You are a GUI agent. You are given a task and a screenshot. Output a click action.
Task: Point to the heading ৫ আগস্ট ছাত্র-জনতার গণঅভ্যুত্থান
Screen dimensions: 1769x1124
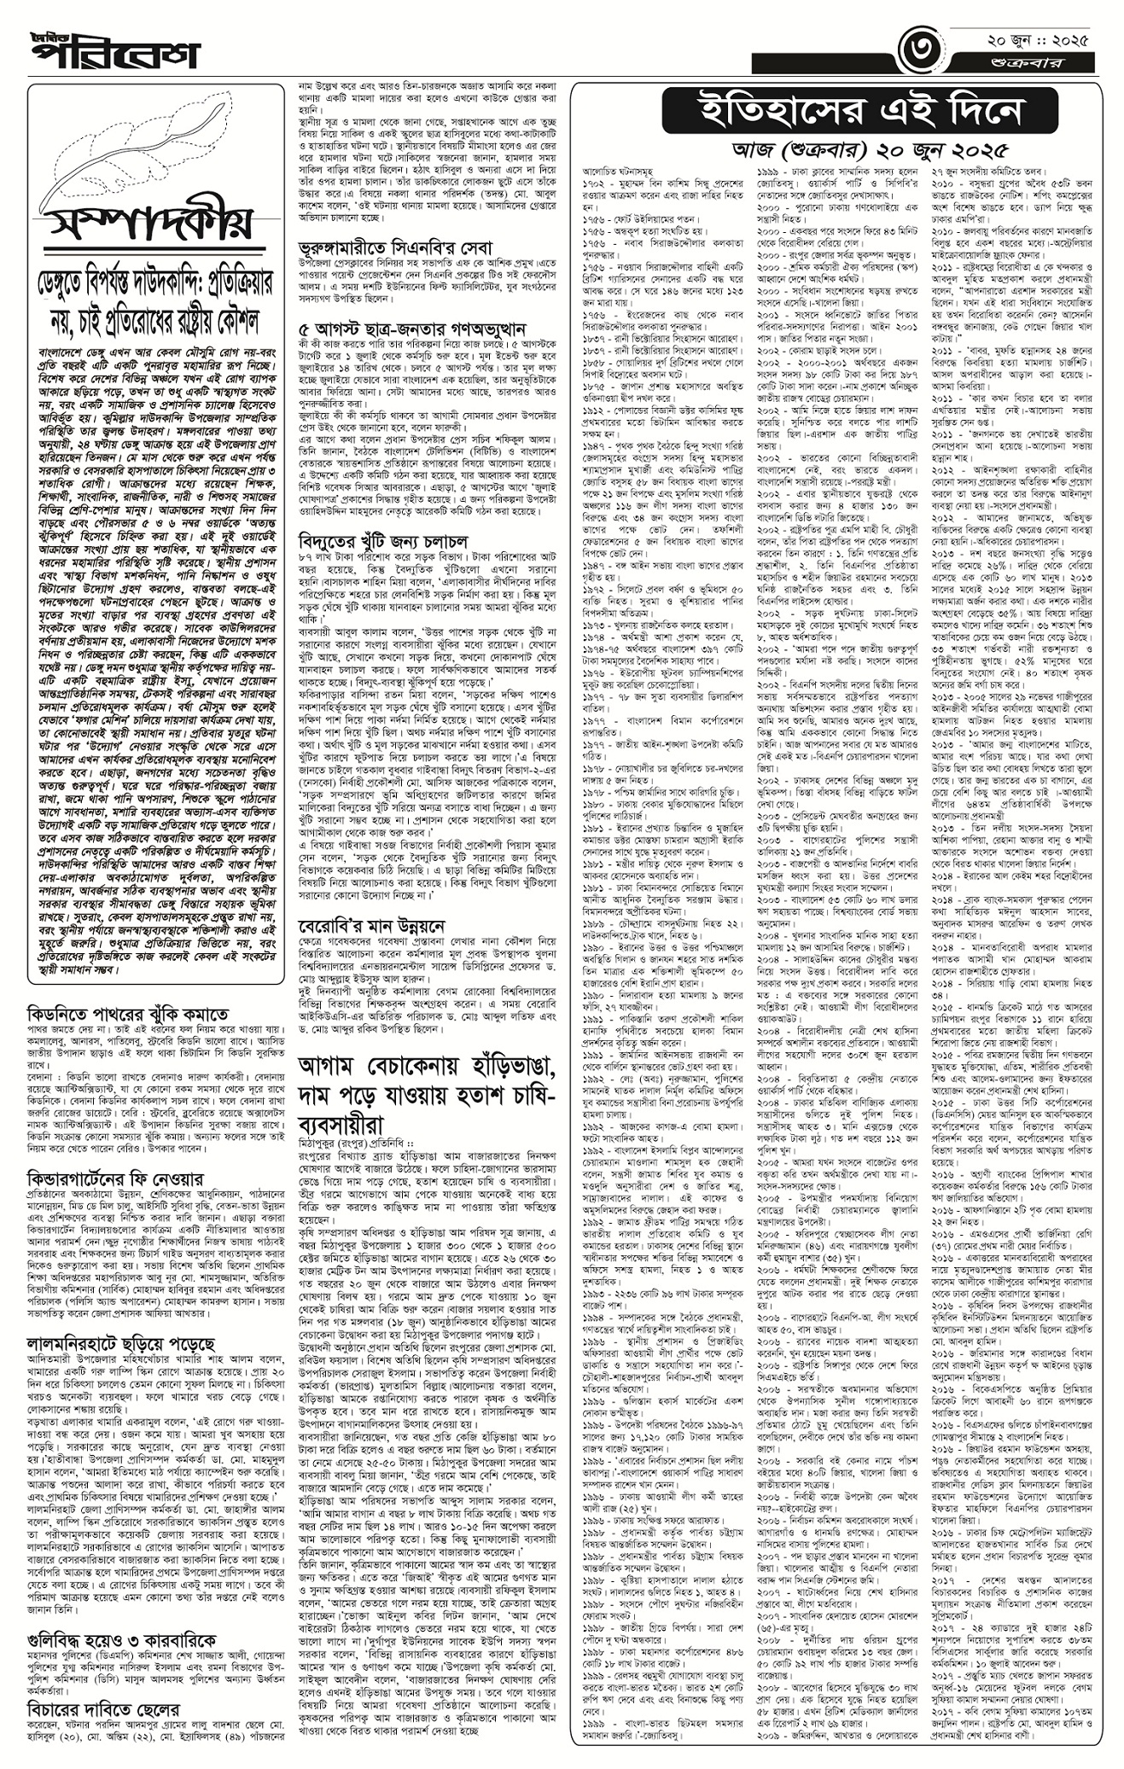[x=412, y=329]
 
